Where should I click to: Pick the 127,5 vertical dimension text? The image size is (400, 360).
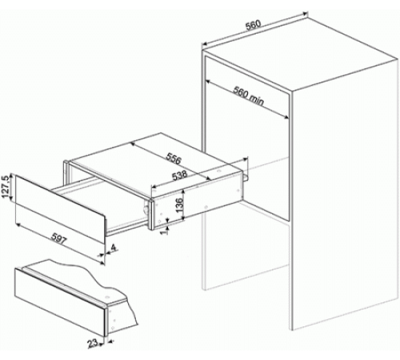7,190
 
